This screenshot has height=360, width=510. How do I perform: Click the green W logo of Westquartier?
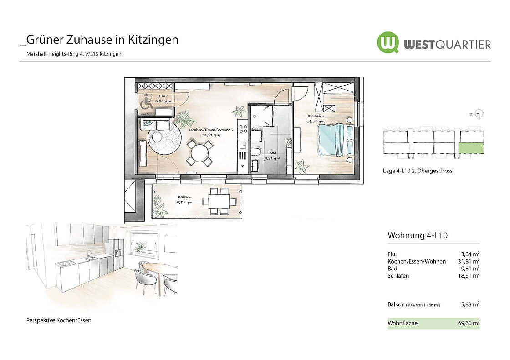point(388,43)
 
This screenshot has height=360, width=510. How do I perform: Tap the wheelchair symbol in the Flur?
point(147,101)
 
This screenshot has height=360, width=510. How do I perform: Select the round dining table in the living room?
point(199,152)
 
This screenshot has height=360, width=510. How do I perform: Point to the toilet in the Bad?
point(255,152)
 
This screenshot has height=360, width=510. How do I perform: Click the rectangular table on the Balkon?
point(219,201)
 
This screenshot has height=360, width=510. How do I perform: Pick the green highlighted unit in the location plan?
point(471,148)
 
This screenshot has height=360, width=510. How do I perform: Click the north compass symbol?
point(479,113)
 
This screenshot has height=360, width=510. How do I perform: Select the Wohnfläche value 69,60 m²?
point(469,323)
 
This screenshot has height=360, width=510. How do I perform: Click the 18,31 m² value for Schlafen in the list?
point(469,275)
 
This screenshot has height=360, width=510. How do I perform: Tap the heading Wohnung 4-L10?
point(417,235)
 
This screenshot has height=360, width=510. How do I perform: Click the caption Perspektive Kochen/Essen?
point(59,320)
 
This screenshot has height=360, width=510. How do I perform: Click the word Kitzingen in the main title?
point(153,40)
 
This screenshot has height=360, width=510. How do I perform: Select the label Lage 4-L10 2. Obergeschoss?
point(418,171)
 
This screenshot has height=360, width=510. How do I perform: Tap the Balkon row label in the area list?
point(396,304)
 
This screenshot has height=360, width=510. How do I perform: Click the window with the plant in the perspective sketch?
point(145,242)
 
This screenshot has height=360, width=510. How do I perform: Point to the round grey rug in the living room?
point(164,139)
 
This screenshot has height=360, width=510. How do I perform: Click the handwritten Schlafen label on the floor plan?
point(316,116)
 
